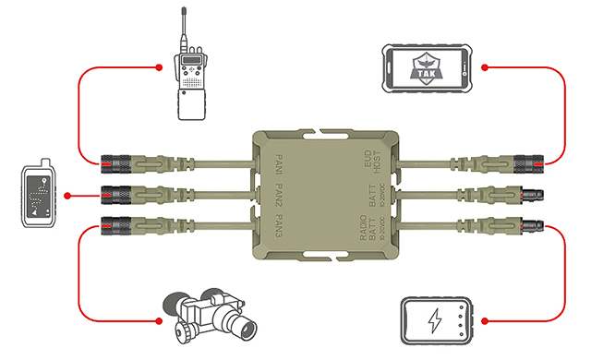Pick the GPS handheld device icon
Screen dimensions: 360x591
pyautogui.click(x=37, y=195)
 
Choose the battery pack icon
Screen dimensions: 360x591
pyautogui.click(x=435, y=321)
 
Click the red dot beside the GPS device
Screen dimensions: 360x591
pyautogui.click(x=68, y=195)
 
